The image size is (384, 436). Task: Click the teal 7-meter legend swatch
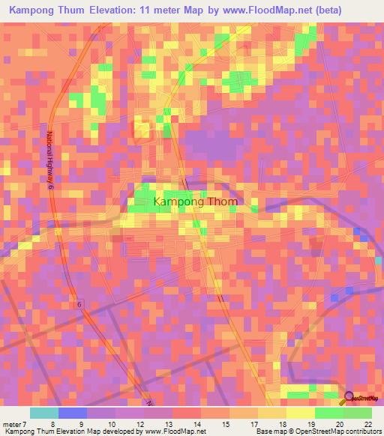[44, 413]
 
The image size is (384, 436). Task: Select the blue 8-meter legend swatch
[73, 413]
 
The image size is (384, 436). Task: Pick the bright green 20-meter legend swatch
[329, 413]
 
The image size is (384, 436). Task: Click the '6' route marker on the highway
[79, 304]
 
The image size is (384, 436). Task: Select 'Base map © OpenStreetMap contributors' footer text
[318, 432]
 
